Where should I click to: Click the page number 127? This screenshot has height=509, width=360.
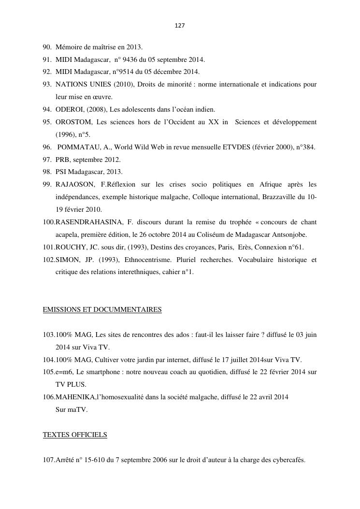(180, 25)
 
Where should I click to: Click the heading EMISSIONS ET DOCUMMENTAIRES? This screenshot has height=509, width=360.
(102, 309)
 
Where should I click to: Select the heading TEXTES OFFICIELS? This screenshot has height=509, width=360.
(75, 435)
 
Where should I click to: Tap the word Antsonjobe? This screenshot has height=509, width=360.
(291, 234)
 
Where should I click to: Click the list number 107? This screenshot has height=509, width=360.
(48, 460)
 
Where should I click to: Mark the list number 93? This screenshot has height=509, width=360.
(47, 84)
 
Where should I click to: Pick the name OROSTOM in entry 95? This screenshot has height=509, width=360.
(74, 122)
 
